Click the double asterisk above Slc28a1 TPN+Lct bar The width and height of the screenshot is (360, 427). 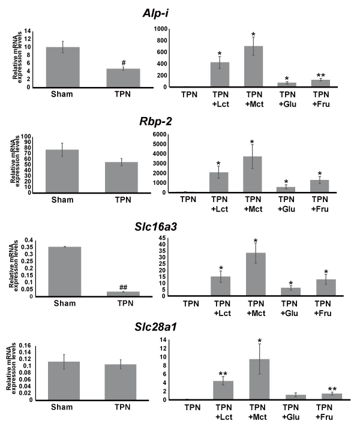[222, 372]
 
